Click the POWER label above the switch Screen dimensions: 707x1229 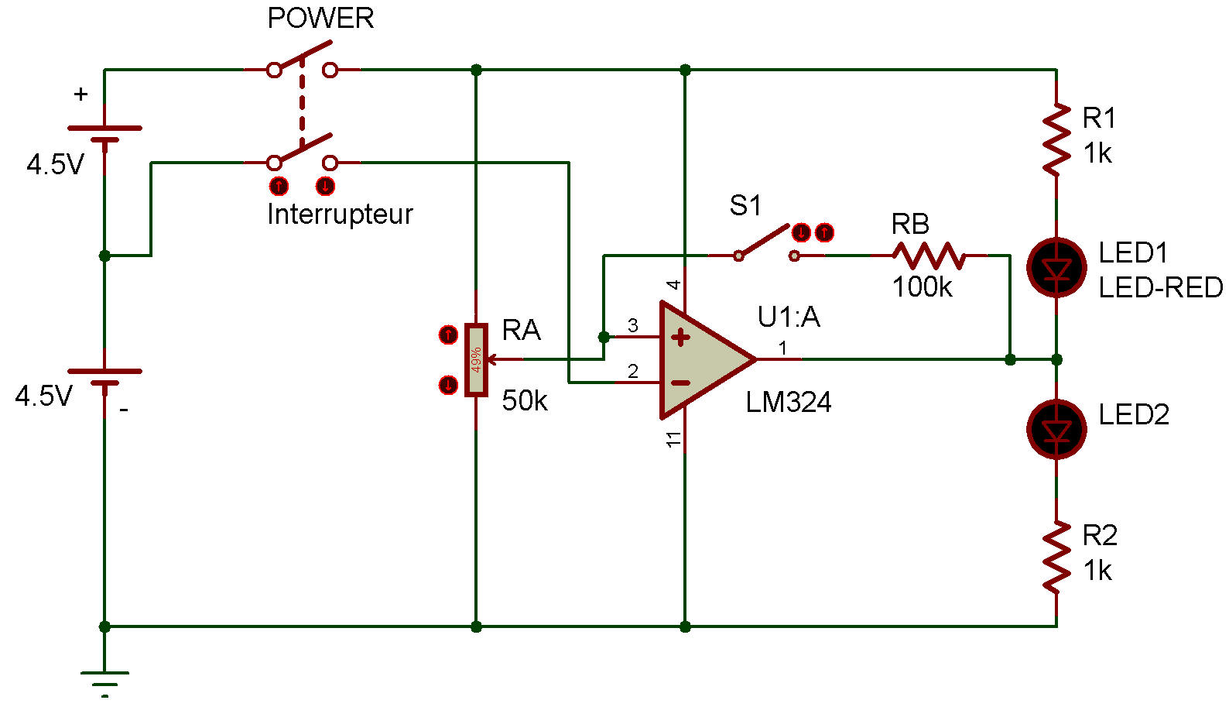click(x=320, y=18)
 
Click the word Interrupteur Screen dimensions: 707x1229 click(x=340, y=215)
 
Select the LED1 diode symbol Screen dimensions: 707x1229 click(x=1056, y=268)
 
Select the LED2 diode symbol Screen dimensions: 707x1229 click(x=1056, y=429)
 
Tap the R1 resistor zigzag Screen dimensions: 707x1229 click(x=1056, y=140)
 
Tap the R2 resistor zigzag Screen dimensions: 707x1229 click(x=1056, y=558)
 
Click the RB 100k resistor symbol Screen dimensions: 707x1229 click(x=929, y=255)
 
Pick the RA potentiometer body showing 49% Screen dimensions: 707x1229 click(x=476, y=360)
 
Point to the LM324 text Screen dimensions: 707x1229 click(x=788, y=403)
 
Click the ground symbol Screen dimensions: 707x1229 click(x=105, y=681)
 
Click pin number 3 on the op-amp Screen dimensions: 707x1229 click(x=633, y=326)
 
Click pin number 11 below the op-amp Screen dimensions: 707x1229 click(x=674, y=439)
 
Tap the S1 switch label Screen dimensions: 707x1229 click(x=745, y=206)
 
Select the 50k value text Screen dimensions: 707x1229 click(x=524, y=401)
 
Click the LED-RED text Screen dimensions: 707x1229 click(x=1160, y=288)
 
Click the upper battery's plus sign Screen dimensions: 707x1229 click(x=80, y=94)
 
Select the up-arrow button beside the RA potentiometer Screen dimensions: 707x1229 click(x=448, y=335)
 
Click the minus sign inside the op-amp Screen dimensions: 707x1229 click(x=680, y=383)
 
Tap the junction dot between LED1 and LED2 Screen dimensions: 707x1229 click(x=1056, y=360)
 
